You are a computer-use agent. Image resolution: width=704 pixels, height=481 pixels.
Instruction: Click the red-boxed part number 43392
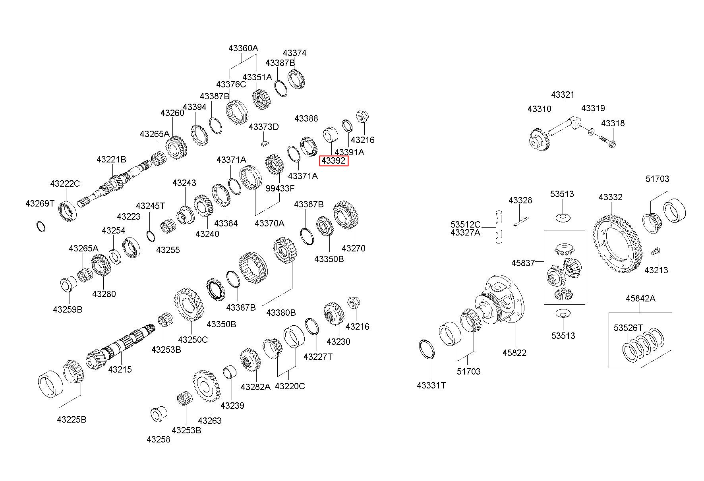pyautogui.click(x=333, y=161)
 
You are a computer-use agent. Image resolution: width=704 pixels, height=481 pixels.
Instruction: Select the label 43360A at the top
pyautogui.click(x=243, y=48)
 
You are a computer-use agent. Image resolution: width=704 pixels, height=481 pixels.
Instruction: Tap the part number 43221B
pyautogui.click(x=111, y=160)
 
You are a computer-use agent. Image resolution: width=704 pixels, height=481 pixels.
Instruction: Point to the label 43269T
pyautogui.click(x=40, y=204)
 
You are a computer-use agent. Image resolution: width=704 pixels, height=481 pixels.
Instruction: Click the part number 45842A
pyautogui.click(x=640, y=298)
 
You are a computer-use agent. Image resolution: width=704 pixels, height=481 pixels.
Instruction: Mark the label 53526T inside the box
pyautogui.click(x=628, y=328)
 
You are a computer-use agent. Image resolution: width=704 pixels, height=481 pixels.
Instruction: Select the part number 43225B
pyautogui.click(x=72, y=419)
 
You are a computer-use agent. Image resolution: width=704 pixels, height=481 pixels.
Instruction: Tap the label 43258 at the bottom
pyautogui.click(x=158, y=439)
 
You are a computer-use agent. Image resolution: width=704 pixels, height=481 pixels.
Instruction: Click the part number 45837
pyautogui.click(x=523, y=263)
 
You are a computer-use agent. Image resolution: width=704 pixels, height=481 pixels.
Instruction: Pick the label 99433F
pyautogui.click(x=280, y=188)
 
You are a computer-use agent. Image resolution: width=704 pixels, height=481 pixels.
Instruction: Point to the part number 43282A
pyautogui.click(x=255, y=386)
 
